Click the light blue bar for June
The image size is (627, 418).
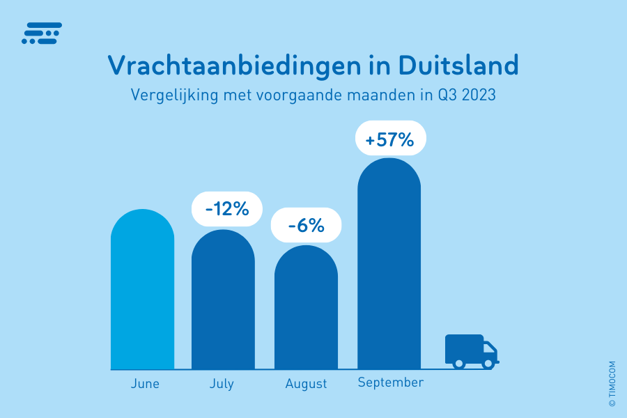pyautogui.click(x=142, y=293)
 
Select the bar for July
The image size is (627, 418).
pyautogui.click(x=223, y=303)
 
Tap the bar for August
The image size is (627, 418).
pyautogui.click(x=306, y=310)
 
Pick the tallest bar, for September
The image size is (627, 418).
pyautogui.click(x=389, y=268)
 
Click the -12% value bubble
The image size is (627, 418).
pyautogui.click(x=226, y=208)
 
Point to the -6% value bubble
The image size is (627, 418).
pyautogui.click(x=306, y=226)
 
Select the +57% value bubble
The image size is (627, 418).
pyautogui.click(x=390, y=140)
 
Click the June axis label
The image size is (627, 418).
pyautogui.click(x=145, y=384)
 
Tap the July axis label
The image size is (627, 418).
pyautogui.click(x=222, y=384)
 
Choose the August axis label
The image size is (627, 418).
pyautogui.click(x=306, y=384)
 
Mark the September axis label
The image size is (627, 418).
pyautogui.click(x=390, y=382)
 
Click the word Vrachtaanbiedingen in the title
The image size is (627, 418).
pyautogui.click(x=233, y=65)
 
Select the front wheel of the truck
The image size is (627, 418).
pyautogui.click(x=488, y=363)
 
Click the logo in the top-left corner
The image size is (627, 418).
pyautogui.click(x=42, y=33)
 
